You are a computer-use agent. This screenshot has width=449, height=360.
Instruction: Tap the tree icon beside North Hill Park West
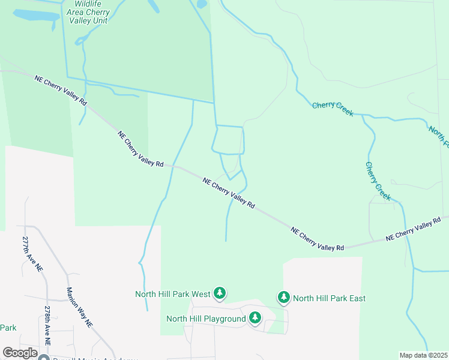click(220, 293)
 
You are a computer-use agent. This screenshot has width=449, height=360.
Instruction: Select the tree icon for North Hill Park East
click(283, 298)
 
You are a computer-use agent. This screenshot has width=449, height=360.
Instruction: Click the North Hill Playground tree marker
click(255, 318)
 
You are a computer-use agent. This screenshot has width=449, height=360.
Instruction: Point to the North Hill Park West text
click(172, 294)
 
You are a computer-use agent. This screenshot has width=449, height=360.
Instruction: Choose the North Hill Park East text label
click(329, 298)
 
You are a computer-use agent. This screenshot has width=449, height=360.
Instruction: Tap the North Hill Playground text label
click(206, 319)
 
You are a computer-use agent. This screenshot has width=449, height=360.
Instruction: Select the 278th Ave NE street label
click(47, 325)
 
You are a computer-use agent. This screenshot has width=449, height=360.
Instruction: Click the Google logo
click(20, 353)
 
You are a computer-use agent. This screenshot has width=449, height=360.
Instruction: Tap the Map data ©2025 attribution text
click(423, 355)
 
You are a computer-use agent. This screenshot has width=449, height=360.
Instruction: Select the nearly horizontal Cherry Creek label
click(333, 109)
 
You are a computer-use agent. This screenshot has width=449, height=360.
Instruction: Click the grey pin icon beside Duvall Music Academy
click(43, 358)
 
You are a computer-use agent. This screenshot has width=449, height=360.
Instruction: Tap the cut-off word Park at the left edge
click(8, 328)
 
